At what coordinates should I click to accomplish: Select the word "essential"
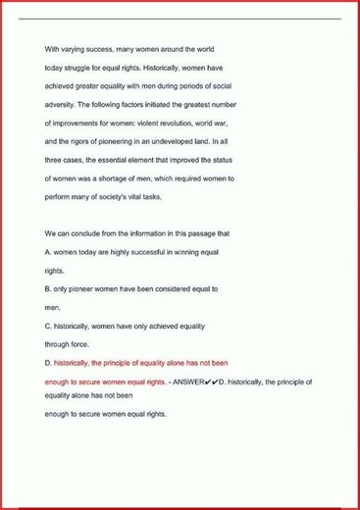(x=128, y=160)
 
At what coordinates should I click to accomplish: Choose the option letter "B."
(x=49, y=289)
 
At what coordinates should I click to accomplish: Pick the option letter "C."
(x=49, y=326)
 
